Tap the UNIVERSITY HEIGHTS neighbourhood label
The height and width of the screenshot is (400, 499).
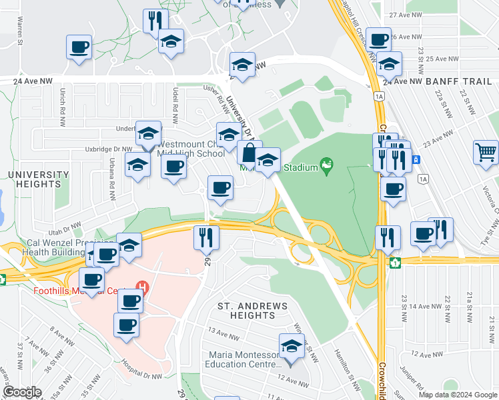38,179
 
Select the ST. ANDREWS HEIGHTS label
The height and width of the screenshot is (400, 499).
253,311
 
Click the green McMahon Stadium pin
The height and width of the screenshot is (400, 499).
326,163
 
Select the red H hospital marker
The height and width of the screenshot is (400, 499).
141,287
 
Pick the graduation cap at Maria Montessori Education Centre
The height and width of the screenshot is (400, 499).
291,346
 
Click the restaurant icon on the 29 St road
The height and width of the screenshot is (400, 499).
206,237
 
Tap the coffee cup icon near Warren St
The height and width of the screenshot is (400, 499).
79,47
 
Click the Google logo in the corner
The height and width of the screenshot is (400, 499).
22,392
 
